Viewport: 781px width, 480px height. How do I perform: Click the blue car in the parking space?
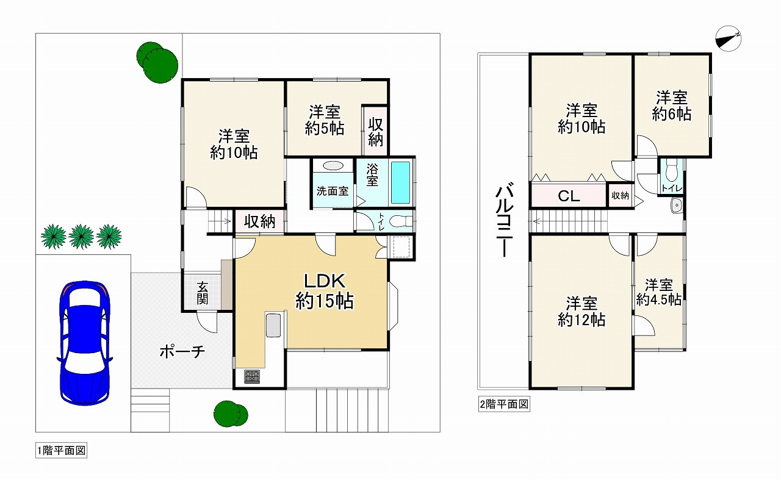click(x=84, y=342)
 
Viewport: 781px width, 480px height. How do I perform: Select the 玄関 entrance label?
click(x=203, y=293)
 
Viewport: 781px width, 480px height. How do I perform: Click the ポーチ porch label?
click(x=182, y=352)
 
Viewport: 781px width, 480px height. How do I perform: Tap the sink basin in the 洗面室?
click(x=333, y=166)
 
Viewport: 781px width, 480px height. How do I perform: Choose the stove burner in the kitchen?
click(x=251, y=377)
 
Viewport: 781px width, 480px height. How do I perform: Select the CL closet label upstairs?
click(x=568, y=196)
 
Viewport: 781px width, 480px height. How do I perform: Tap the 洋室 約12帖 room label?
click(x=581, y=311)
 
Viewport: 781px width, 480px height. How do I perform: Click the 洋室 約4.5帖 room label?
click(x=659, y=292)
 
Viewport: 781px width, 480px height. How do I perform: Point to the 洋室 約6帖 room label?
click(x=671, y=106)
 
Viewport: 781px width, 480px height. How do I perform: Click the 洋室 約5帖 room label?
click(x=324, y=120)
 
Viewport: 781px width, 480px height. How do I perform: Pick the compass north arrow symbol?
click(x=728, y=38)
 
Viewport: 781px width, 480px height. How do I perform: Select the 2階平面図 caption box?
click(x=503, y=404)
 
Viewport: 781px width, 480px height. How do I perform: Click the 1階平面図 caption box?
click(x=62, y=451)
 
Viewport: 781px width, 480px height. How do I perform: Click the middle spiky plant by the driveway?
click(x=81, y=237)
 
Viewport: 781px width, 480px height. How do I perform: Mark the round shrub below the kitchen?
click(x=231, y=413)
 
